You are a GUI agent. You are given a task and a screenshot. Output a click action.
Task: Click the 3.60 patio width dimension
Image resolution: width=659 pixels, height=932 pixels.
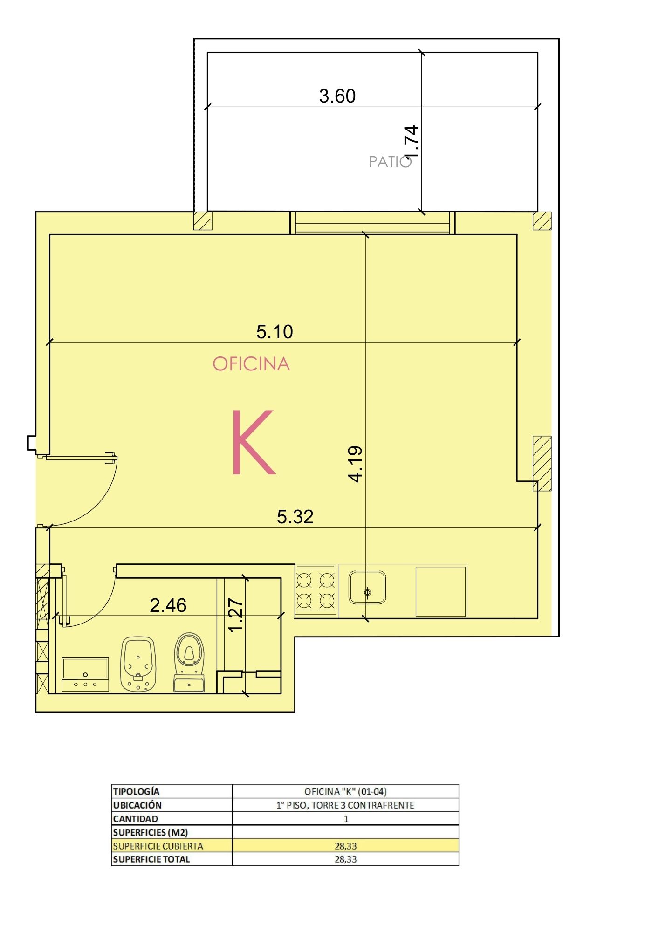click(337, 96)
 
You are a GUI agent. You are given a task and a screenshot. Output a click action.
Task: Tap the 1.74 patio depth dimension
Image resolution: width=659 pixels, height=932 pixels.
click(412, 141)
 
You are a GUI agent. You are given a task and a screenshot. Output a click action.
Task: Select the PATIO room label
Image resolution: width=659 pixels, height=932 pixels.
click(390, 162)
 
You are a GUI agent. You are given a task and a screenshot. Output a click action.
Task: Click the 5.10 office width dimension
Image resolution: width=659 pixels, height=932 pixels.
click(275, 332)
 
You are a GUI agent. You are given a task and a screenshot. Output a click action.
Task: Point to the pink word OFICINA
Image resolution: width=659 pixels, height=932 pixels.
click(251, 364)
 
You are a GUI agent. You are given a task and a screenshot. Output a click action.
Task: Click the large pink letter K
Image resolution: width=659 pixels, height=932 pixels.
click(253, 442)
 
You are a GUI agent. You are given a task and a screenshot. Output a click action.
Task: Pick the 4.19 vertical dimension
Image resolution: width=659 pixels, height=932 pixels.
click(356, 464)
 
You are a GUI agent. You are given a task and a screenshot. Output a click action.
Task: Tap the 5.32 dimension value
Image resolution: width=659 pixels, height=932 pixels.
click(295, 517)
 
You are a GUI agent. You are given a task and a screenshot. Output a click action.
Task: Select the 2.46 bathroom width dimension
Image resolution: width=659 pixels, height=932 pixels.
click(168, 605)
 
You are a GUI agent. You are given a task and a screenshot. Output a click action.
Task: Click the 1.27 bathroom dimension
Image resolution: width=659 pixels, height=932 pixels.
click(236, 615)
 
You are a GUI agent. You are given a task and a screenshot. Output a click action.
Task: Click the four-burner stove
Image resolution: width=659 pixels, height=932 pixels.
click(316, 590)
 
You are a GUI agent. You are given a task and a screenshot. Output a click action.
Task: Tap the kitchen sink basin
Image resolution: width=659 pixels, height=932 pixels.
click(367, 588)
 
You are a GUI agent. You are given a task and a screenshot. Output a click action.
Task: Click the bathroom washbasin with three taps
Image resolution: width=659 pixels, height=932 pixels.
click(85, 674)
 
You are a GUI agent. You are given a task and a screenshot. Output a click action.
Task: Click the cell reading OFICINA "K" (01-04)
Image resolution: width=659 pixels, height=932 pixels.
click(345, 791)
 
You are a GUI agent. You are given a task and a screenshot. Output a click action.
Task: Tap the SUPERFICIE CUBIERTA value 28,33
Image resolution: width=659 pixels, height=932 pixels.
click(345, 846)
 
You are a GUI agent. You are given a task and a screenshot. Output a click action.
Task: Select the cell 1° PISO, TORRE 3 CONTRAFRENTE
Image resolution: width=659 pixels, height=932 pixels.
click(345, 805)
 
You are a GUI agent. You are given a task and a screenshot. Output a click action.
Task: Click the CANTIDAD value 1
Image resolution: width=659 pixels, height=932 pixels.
click(346, 819)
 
